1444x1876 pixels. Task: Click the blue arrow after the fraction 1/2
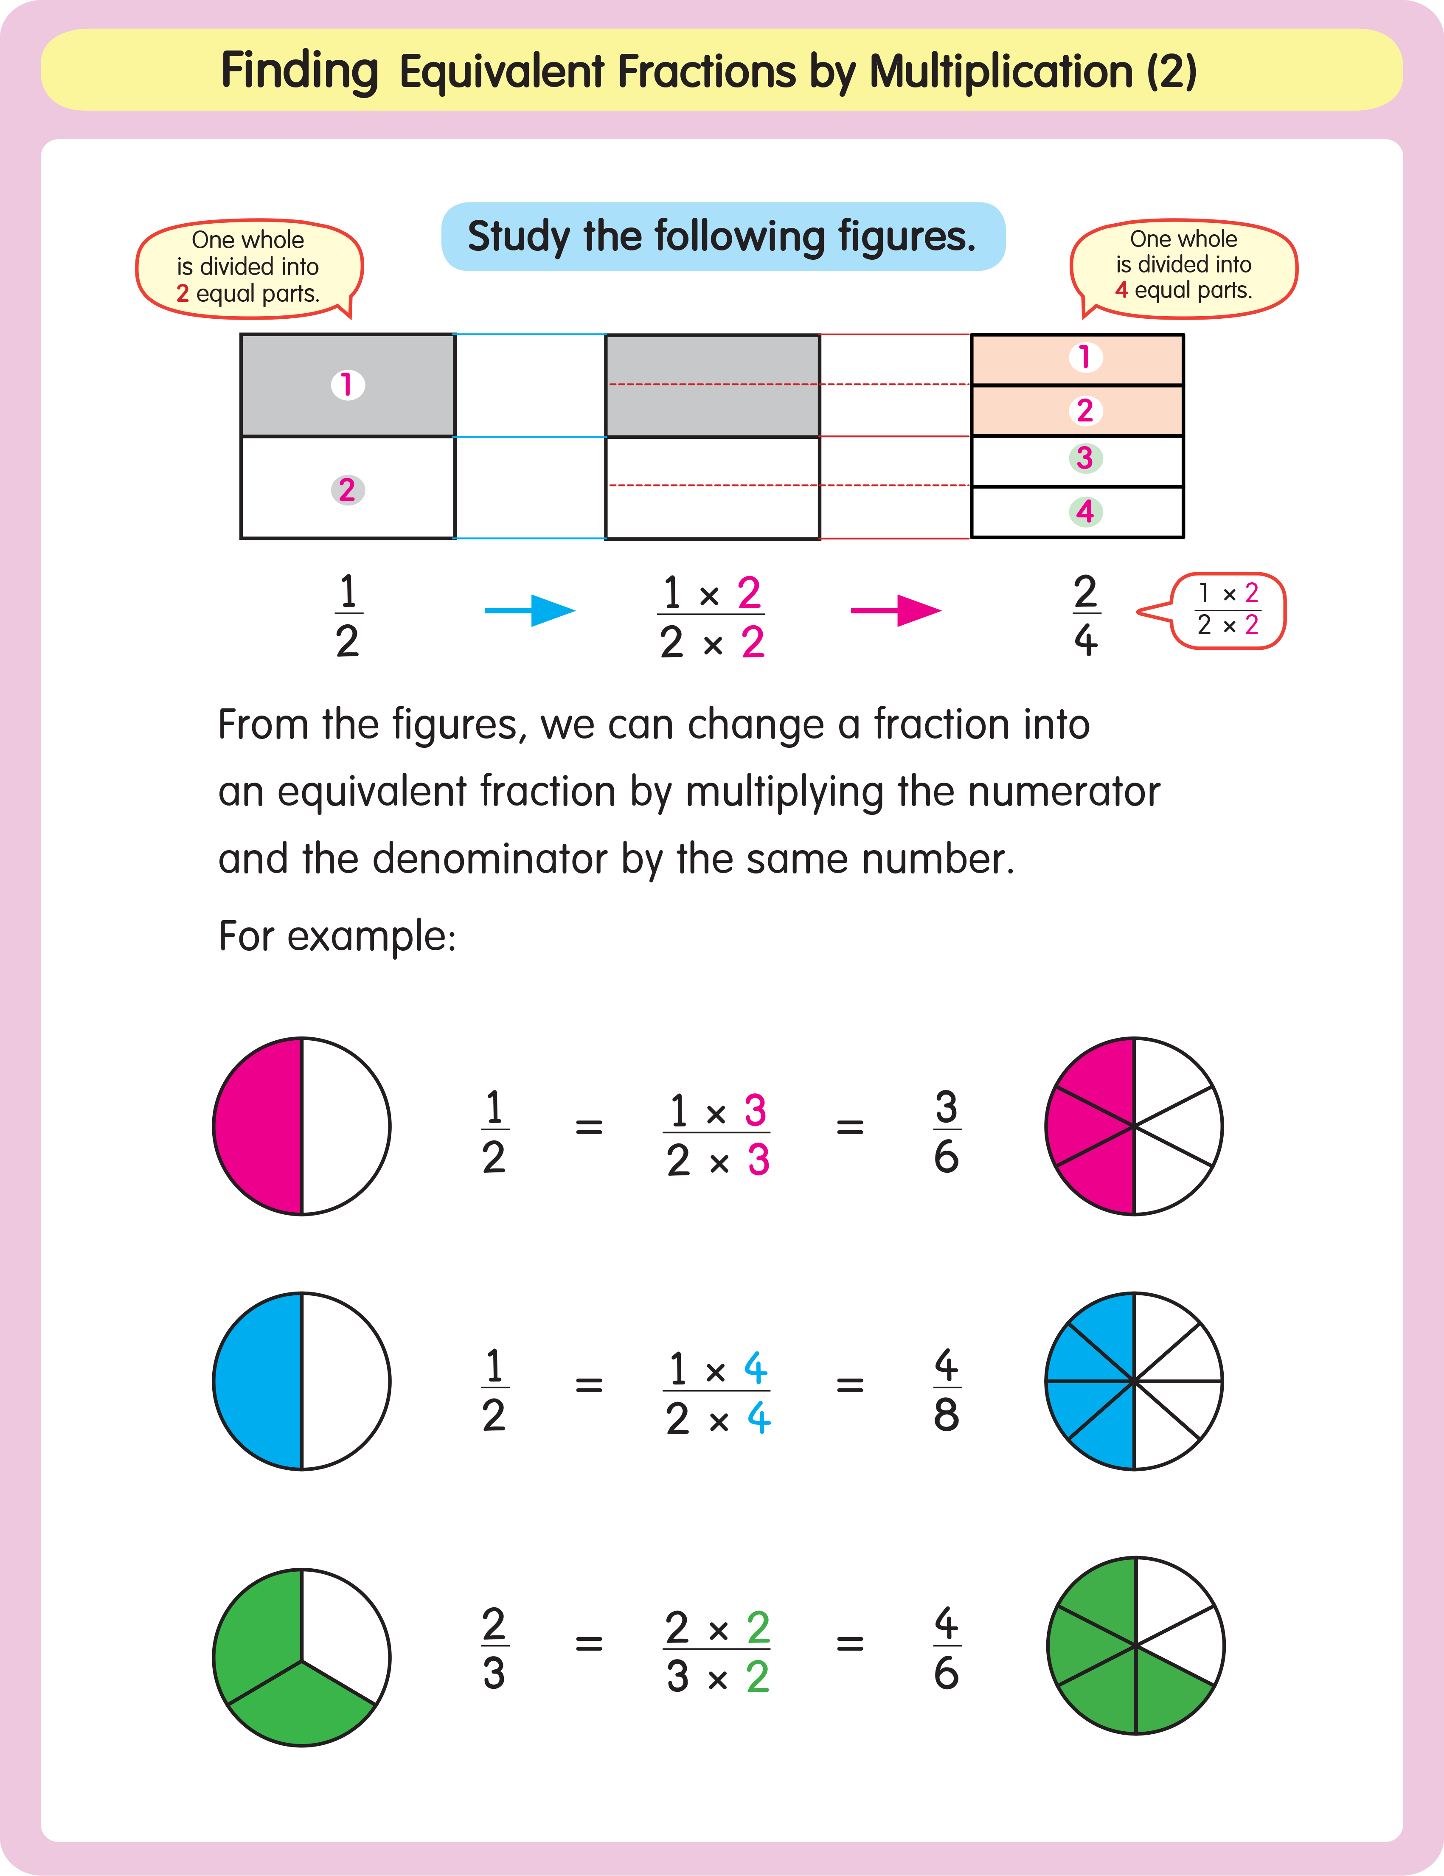(530, 611)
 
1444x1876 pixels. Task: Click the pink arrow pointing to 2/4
(896, 611)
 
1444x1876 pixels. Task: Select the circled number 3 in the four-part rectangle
(1085, 458)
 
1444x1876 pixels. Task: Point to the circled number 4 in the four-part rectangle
(1085, 512)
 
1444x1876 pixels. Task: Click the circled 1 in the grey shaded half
(347, 385)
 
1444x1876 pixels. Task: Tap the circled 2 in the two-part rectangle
(347, 490)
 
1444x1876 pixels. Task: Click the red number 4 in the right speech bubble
(1121, 290)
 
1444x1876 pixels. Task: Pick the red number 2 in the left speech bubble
(182, 294)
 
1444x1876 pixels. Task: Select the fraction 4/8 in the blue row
(946, 1389)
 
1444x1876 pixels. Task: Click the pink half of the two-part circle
(258, 1126)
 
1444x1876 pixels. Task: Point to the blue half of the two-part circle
(258, 1381)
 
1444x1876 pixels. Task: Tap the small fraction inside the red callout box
(1228, 610)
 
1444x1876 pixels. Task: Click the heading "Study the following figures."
(722, 236)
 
